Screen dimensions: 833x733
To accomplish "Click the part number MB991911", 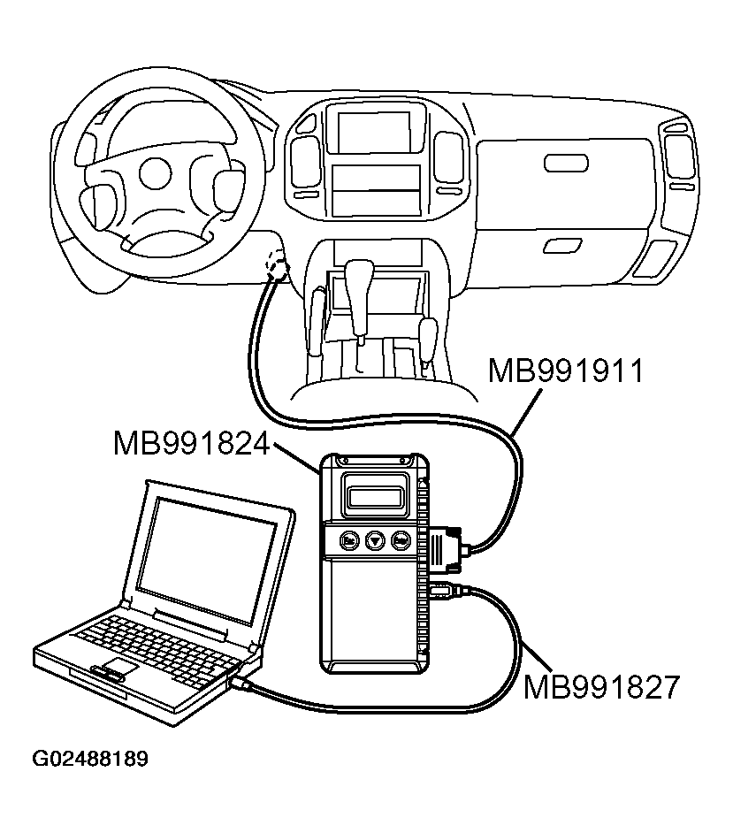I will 566,369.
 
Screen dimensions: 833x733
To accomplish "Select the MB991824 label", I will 190,442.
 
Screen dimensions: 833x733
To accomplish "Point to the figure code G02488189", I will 90,759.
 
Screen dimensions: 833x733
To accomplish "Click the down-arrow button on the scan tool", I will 375,539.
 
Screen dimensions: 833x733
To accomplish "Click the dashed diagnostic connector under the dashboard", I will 278,264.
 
